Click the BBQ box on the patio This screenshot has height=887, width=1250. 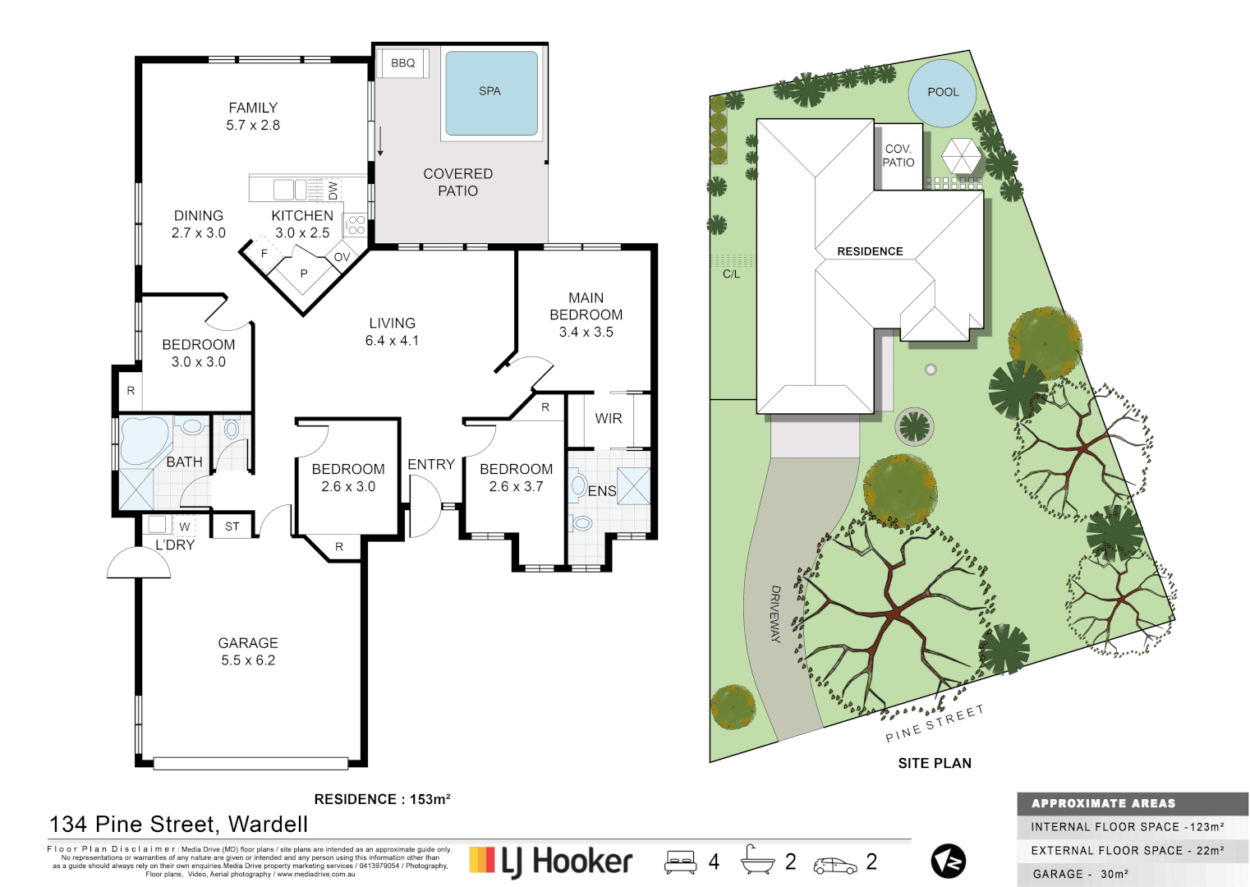[x=402, y=63]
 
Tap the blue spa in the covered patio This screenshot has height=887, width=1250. [x=491, y=93]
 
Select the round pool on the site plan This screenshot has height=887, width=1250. [x=942, y=93]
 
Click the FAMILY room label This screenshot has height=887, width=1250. [x=253, y=108]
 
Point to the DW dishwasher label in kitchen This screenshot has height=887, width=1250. [x=333, y=191]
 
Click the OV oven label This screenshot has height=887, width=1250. [x=342, y=257]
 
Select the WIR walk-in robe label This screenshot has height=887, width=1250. [x=609, y=419]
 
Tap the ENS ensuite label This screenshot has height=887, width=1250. [x=602, y=491]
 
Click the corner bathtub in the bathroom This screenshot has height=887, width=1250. [x=145, y=441]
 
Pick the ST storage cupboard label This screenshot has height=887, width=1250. [x=232, y=526]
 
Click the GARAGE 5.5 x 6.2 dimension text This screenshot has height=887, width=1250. [x=248, y=660]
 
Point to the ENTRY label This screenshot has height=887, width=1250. [x=431, y=465]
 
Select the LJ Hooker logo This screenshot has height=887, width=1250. [x=551, y=862]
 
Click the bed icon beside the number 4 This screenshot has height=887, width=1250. [x=681, y=862]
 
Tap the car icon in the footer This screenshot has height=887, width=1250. [x=834, y=865]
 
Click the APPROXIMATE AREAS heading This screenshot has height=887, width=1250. [x=1103, y=803]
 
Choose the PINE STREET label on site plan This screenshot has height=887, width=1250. [x=934, y=724]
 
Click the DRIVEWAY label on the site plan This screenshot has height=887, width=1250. [x=775, y=614]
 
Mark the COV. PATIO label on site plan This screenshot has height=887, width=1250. [x=898, y=155]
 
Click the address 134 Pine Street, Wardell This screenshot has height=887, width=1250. [x=178, y=824]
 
